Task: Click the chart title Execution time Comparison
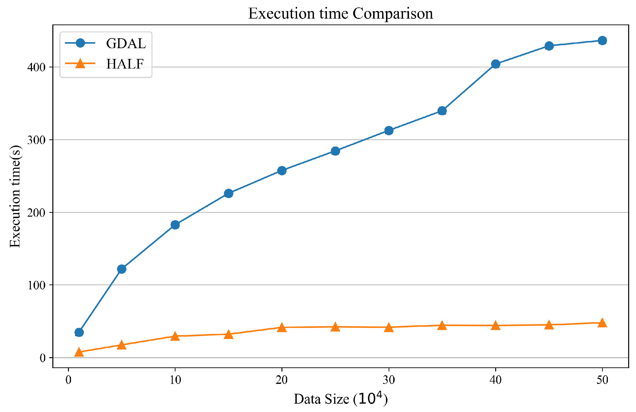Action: [x=340, y=13]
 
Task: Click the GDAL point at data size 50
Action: [x=602, y=40]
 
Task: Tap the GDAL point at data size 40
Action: [x=496, y=64]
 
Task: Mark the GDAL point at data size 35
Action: [x=442, y=111]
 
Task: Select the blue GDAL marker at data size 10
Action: [x=175, y=225]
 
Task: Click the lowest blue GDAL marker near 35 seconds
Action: [x=79, y=332]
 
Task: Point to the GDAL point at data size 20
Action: [x=282, y=171]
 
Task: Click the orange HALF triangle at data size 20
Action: [x=282, y=327]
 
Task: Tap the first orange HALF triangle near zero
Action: [x=79, y=352]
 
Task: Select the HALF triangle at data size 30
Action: [x=389, y=327]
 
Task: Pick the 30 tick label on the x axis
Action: [x=389, y=380]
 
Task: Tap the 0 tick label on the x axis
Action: [x=69, y=380]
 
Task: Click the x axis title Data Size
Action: [x=340, y=399]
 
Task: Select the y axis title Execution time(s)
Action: [x=15, y=196]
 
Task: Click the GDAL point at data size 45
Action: [x=549, y=46]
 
